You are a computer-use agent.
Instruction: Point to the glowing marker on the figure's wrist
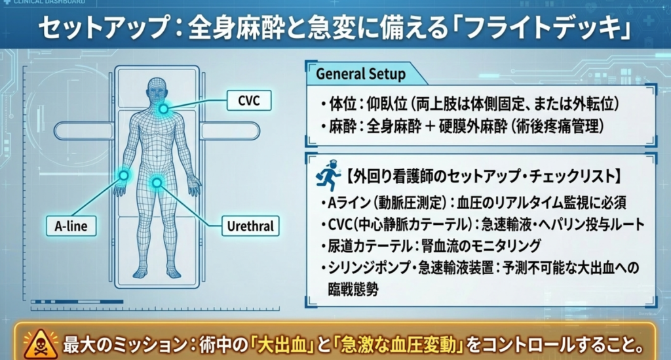click(x=123, y=174)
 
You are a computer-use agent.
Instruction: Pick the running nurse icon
click(x=329, y=176)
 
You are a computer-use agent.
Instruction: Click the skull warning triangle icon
click(x=37, y=344)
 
